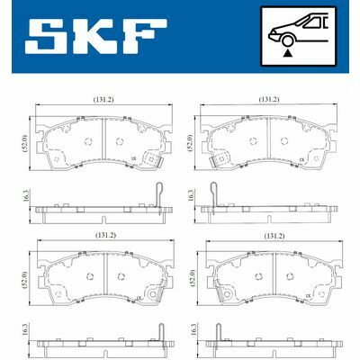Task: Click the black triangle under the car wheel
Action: point(286,55)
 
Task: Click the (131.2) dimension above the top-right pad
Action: point(267,100)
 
